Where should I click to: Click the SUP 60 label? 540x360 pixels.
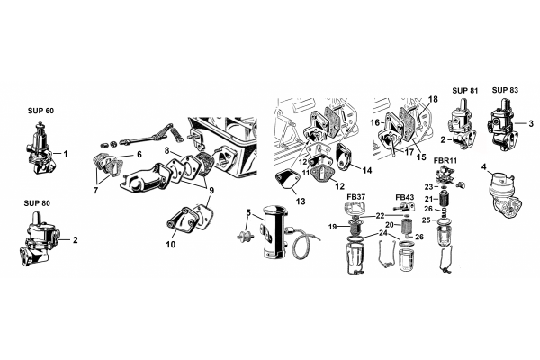pos(40,111)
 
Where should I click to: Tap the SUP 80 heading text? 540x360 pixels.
pos(37,203)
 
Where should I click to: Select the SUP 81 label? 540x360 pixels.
pos(465,91)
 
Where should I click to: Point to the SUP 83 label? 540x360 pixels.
pos(505,90)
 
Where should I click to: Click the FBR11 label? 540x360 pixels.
pos(445,160)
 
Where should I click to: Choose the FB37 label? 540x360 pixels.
pos(356,197)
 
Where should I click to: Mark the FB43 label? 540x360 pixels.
pos(405,197)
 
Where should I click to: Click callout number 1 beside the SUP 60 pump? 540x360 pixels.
pos(66,154)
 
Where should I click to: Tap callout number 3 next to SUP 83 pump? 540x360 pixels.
pos(531,123)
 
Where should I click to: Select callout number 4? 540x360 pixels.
pos(484,167)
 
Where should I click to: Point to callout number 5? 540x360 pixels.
pos(248,212)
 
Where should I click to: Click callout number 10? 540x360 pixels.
pos(171,245)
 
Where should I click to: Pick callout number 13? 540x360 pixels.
pos(301,202)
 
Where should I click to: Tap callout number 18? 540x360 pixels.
pos(433,99)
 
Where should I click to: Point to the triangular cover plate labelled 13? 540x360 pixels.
pos(287,181)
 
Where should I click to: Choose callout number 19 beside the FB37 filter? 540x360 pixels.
pos(332,227)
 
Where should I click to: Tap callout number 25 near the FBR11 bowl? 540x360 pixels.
pos(427,220)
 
